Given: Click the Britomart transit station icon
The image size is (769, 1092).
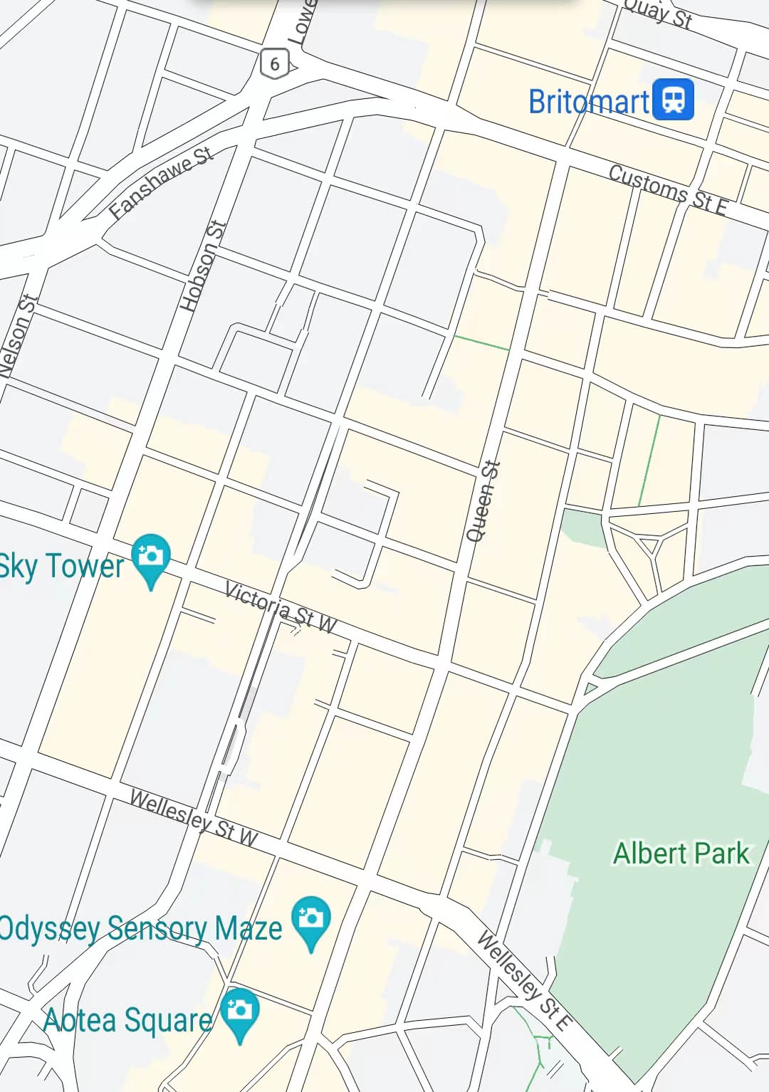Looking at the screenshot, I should pos(673,100).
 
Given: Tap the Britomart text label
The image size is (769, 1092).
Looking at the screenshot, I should pos(589,102).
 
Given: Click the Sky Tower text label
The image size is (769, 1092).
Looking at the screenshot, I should pos(62,567).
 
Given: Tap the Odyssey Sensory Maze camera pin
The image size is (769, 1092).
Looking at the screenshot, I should pos(311,919).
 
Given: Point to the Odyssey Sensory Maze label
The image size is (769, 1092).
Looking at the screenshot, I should pos(140,929).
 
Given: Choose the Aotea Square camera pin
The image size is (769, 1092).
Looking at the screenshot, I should pos(240,1012).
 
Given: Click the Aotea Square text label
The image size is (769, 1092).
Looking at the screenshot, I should pos(128,1020).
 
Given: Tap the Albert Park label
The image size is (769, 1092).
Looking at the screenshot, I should pos(681,853).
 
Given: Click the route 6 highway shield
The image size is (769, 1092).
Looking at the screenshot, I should pos(275,64).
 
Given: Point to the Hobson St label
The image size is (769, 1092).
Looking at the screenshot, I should pos(203,266).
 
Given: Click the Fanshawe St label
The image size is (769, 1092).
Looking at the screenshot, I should pos(161,182).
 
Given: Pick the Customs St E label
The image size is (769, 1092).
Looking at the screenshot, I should pos(668,190).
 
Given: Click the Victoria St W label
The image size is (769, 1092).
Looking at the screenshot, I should pos(281,607).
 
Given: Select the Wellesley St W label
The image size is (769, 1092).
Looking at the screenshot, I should pos(194,818).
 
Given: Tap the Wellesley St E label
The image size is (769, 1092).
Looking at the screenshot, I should pos(524,980).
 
